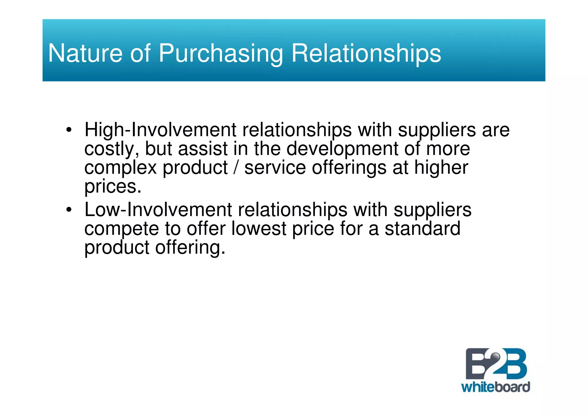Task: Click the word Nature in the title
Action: pos(85,53)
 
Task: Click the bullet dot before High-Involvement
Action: pos(68,130)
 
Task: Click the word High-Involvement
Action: pos(160,130)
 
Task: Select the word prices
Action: pos(113,187)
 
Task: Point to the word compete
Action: pos(121,229)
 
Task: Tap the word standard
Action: pos(422,229)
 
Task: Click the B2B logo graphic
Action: pos(496,364)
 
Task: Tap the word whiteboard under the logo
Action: pos(496,387)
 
